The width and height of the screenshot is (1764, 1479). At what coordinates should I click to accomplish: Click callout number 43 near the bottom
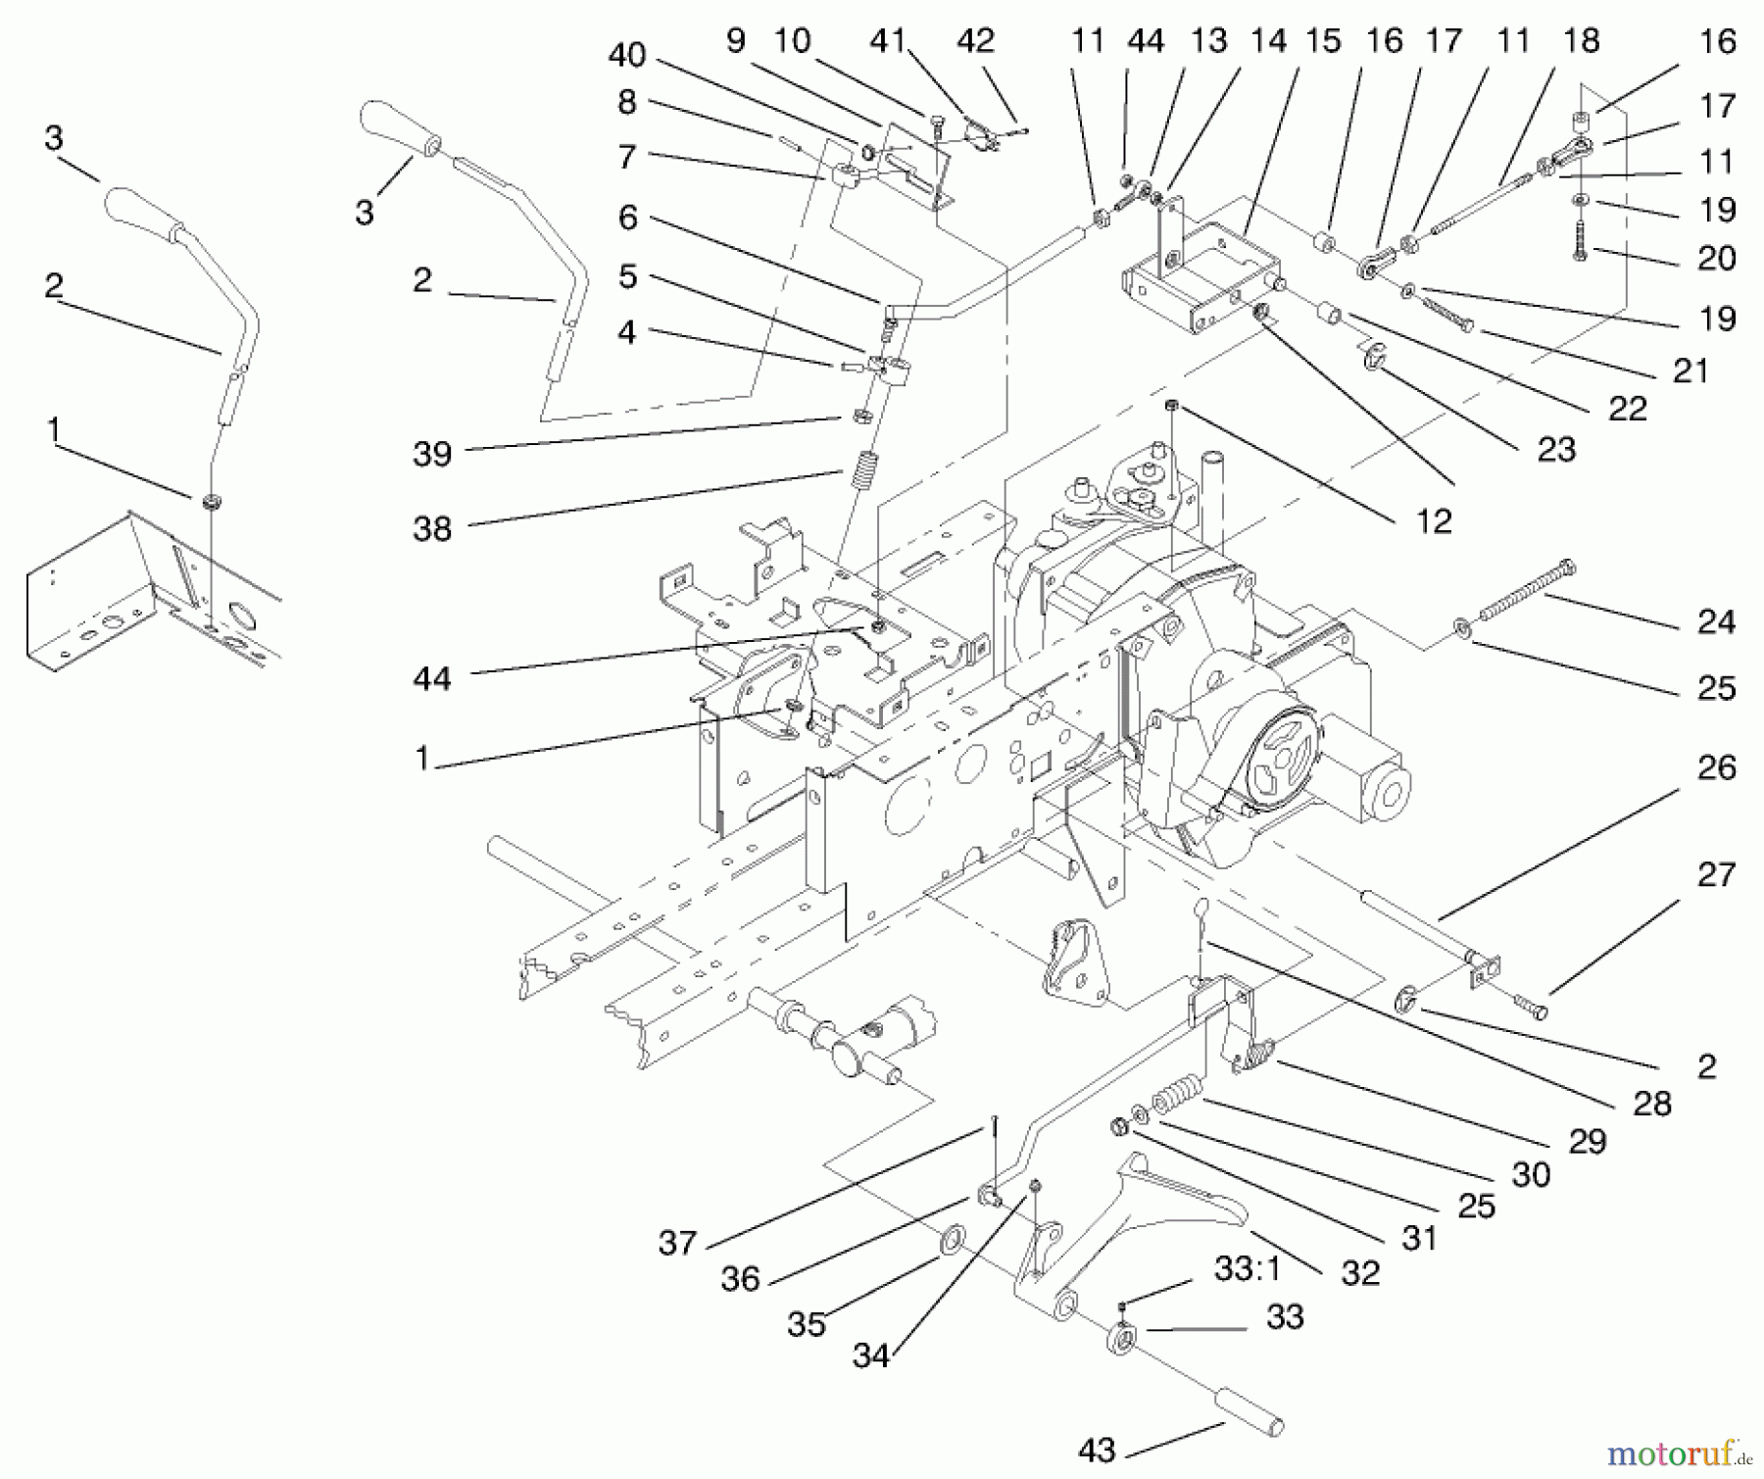click(x=1097, y=1450)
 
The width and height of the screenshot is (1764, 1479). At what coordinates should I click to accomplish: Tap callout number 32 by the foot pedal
click(x=1360, y=1272)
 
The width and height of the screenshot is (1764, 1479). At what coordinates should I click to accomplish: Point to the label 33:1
click(x=1247, y=1269)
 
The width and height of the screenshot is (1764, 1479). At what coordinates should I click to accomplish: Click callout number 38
click(x=432, y=529)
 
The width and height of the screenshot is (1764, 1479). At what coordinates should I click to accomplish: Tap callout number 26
click(x=1716, y=767)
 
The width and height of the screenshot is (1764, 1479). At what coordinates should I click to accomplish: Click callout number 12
click(x=1434, y=521)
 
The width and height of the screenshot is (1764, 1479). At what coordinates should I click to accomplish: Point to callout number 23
click(x=1556, y=450)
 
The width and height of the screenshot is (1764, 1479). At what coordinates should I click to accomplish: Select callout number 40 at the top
click(x=627, y=55)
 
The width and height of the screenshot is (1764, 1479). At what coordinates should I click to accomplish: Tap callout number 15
click(x=1323, y=41)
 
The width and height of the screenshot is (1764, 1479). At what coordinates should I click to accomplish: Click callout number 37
click(x=677, y=1243)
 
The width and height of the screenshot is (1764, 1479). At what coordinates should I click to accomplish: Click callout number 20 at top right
click(x=1716, y=258)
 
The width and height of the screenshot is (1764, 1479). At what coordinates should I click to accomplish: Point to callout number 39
click(x=432, y=454)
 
